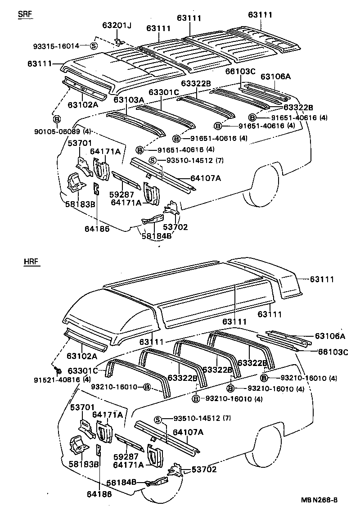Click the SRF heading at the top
click(26, 14)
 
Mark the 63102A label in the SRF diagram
click(83, 104)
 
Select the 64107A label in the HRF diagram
click(189, 433)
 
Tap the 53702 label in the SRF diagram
click(175, 227)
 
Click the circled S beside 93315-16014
click(94, 45)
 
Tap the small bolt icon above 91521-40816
click(58, 370)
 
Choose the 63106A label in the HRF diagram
click(330, 336)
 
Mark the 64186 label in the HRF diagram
click(99, 494)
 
